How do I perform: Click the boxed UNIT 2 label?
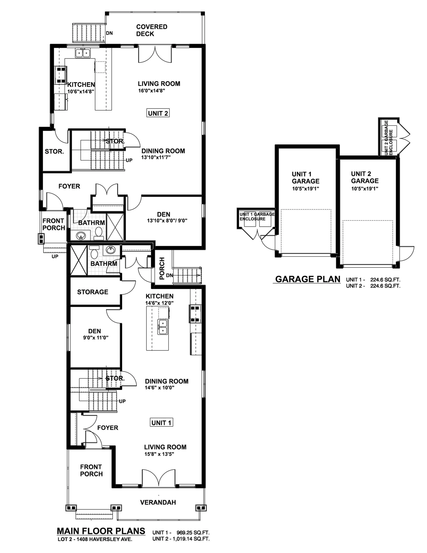tap(158, 113)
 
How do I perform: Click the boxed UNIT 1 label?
tap(161, 423)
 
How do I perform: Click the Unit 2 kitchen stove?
tap(61, 75)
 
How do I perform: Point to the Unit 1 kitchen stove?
tap(195, 314)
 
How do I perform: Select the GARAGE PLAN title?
tap(308, 279)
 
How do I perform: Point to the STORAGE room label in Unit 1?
tap(93, 292)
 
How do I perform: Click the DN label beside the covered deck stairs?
tap(109, 33)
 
